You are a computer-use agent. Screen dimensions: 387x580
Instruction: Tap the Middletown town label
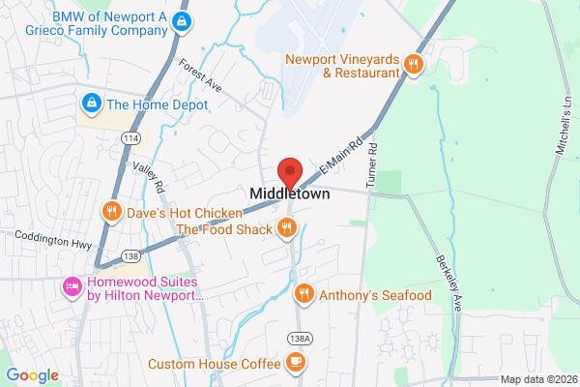pos(290,193)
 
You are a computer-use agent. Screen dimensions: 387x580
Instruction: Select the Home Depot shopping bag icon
pos(92,101)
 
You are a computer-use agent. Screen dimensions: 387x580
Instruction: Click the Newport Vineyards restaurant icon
pos(413,64)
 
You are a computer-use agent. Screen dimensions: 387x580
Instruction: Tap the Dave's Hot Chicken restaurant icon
pos(112,211)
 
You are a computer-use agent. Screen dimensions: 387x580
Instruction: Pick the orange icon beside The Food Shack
pos(286,228)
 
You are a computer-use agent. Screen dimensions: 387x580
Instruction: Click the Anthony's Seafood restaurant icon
pos(304,292)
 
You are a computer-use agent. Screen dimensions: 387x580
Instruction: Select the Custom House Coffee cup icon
pos(295,364)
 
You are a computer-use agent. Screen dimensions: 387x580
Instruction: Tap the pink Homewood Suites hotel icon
pos(72,286)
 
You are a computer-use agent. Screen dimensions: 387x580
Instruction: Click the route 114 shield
pos(129,138)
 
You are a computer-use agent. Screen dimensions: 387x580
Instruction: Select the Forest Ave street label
pos(201,75)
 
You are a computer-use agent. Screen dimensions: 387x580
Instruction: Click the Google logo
pos(32,375)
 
